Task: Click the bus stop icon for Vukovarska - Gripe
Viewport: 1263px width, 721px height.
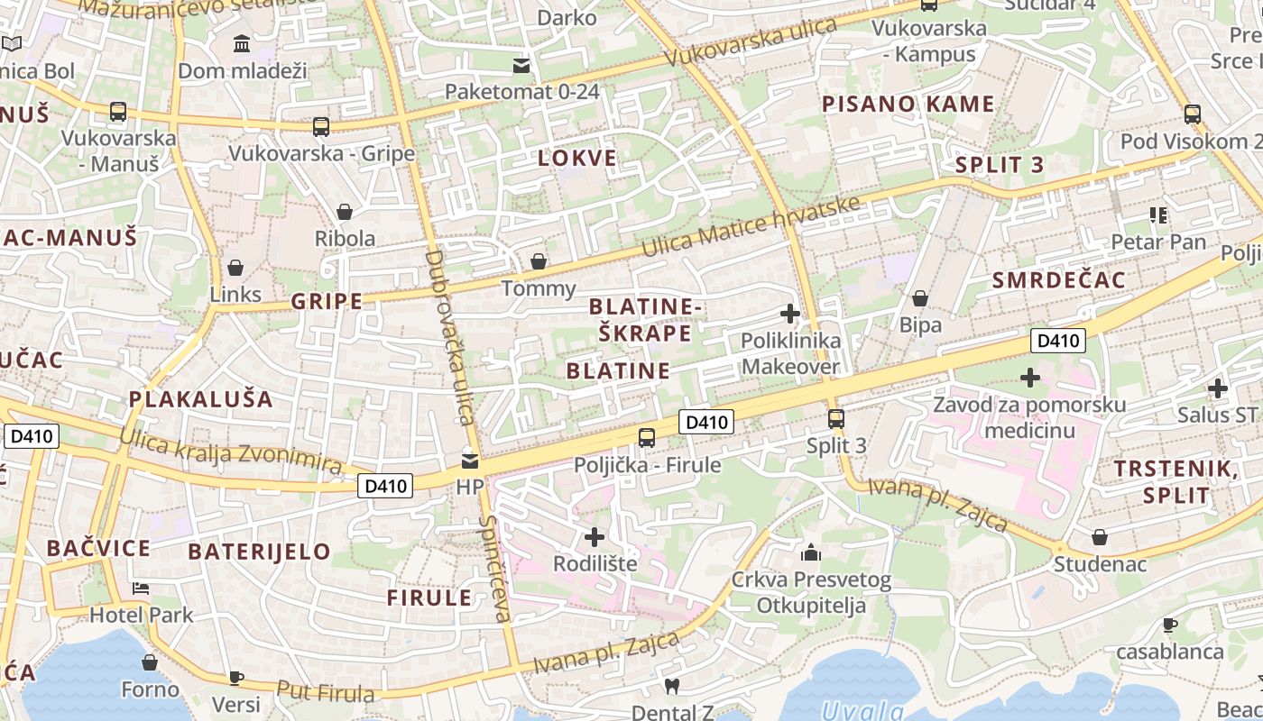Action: click(320, 126)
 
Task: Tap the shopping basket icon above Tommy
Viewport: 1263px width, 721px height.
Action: click(539, 261)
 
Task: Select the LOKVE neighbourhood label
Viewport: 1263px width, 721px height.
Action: click(577, 159)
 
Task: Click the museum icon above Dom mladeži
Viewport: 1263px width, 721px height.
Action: click(242, 43)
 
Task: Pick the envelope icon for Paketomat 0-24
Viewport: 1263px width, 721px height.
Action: click(521, 65)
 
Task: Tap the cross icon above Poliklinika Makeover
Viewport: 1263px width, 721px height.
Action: click(790, 314)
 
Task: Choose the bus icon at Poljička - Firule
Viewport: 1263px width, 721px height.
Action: click(647, 438)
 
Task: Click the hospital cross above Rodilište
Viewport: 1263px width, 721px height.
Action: click(595, 537)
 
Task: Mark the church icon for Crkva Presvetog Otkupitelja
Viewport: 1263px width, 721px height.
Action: click(811, 552)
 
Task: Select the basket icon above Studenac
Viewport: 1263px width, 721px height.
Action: click(1100, 537)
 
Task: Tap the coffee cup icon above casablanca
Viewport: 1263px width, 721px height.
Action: click(1170, 624)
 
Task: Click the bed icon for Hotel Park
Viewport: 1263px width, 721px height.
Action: click(141, 589)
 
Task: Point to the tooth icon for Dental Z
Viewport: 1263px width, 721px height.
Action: click(670, 686)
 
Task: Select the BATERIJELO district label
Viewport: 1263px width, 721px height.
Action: click(259, 552)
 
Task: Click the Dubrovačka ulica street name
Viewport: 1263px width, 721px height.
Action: click(448, 338)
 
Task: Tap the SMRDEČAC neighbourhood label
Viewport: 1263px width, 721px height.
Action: click(1059, 280)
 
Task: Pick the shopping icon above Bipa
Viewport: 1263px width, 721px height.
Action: click(920, 297)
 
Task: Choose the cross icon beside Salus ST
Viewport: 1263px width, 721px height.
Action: click(1218, 388)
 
